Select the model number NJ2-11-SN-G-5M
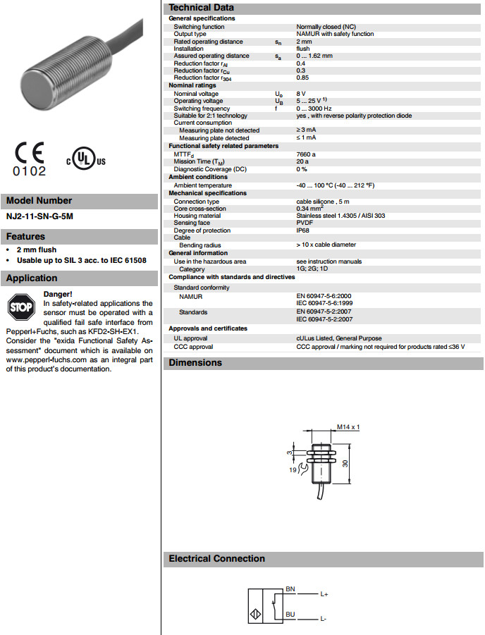(x=39, y=216)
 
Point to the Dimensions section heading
(x=195, y=363)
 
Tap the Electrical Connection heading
(x=216, y=559)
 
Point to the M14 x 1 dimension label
(x=348, y=427)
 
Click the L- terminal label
(x=324, y=619)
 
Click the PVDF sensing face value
(x=304, y=223)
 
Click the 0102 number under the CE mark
(x=29, y=171)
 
